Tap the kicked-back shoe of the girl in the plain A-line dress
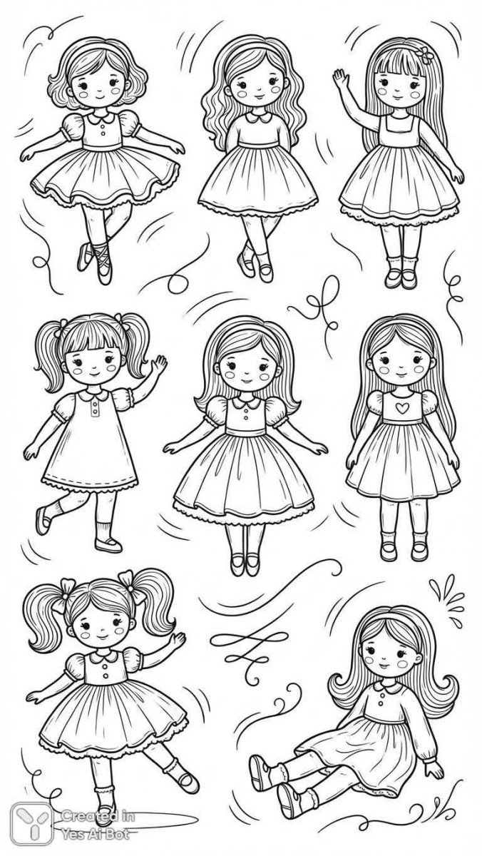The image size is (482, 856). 43,520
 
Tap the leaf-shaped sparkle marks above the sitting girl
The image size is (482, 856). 447,597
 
